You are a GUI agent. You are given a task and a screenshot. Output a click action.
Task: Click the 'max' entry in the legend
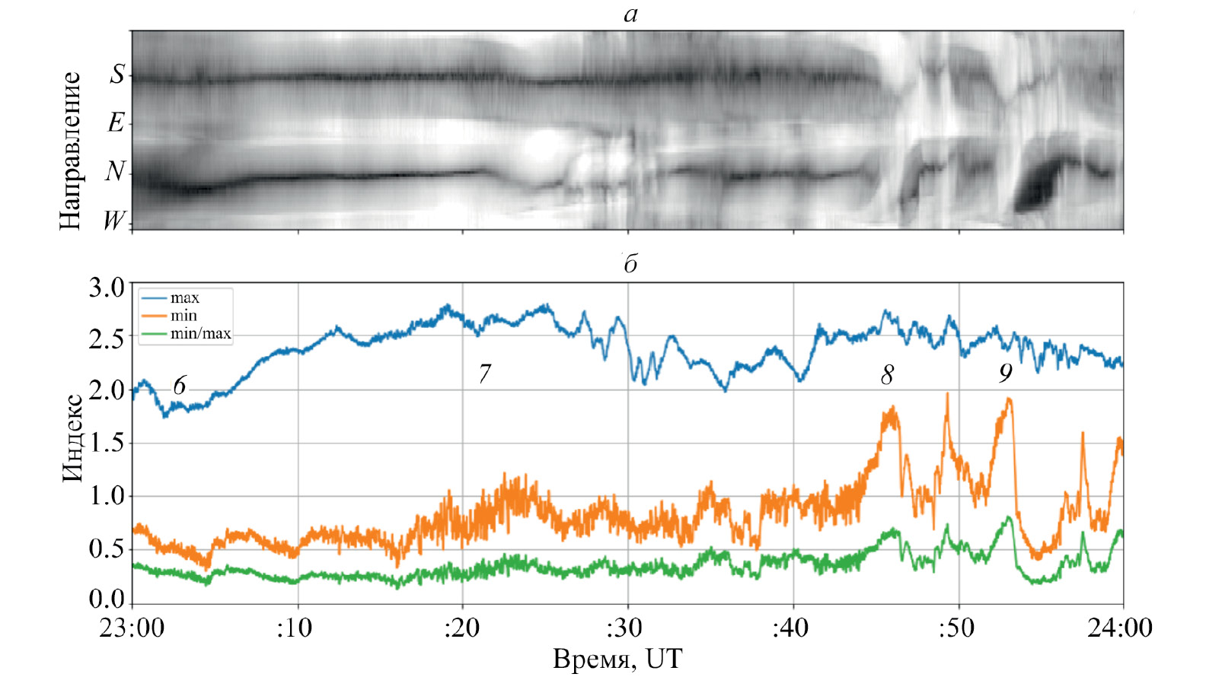tap(184, 297)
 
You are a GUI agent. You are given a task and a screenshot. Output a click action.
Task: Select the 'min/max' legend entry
tap(200, 333)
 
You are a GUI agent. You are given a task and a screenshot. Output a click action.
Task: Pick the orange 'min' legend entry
tap(183, 316)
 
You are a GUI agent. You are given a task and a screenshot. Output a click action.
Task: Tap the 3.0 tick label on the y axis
tap(106, 288)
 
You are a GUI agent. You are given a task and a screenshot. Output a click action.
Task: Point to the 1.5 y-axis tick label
tap(106, 443)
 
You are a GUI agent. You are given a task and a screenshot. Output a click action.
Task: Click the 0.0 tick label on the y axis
tap(106, 599)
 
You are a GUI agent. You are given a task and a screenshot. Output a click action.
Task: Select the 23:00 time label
tap(132, 628)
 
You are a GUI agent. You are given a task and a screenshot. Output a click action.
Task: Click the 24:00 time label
tap(1123, 628)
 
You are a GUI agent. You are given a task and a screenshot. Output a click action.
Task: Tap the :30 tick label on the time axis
tap(624, 628)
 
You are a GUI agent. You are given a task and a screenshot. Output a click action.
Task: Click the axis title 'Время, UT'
tap(617, 659)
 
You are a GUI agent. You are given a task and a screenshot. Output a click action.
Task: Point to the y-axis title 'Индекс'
tap(72, 438)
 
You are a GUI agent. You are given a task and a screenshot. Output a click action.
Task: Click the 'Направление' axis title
tap(70, 151)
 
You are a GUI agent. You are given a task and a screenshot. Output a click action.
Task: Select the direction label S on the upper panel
tap(116, 74)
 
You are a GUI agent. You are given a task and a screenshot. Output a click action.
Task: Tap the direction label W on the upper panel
tap(114, 221)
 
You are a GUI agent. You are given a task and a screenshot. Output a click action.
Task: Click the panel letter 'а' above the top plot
tap(630, 14)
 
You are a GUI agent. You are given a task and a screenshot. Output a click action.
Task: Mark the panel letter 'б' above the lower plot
tap(630, 263)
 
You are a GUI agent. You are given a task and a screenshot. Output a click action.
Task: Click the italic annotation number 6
tap(180, 386)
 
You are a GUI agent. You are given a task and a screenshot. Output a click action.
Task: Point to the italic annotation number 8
tap(887, 374)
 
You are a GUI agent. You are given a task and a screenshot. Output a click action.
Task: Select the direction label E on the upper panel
tap(116, 122)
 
